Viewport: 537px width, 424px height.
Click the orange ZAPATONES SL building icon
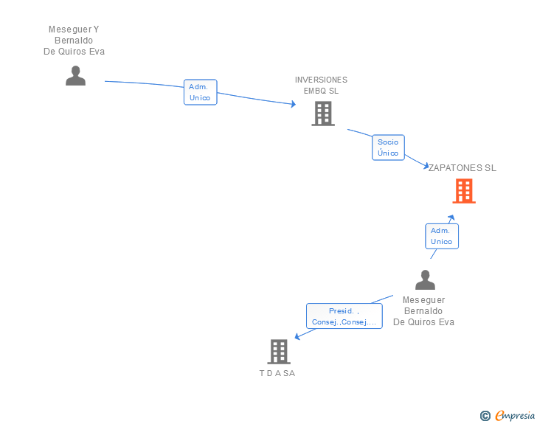tap(464, 191)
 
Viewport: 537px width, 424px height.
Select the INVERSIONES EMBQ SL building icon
tap(323, 114)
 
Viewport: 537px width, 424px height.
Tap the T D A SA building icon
tap(279, 352)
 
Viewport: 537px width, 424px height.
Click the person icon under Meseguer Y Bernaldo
tap(76, 76)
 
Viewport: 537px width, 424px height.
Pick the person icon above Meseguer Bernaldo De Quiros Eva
tap(425, 279)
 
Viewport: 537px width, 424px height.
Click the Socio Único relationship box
tap(388, 147)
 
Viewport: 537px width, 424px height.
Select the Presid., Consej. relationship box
tap(344, 316)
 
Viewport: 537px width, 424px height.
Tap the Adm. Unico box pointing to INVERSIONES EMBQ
tap(201, 92)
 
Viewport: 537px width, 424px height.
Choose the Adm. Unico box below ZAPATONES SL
tap(442, 236)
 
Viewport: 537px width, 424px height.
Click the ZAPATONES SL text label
tap(462, 168)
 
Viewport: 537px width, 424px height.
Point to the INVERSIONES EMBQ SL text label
tap(322, 86)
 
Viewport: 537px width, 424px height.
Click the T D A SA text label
tap(277, 373)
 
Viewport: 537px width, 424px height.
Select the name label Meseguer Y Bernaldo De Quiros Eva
tap(74, 41)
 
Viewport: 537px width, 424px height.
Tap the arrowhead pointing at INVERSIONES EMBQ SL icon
tap(294, 104)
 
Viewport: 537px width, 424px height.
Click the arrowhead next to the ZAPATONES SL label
tap(426, 167)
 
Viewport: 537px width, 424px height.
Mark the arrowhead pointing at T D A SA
tap(297, 337)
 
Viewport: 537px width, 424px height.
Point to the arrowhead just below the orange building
tap(451, 218)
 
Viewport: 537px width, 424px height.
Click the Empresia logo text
tap(515, 415)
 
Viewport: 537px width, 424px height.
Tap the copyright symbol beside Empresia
tap(485, 416)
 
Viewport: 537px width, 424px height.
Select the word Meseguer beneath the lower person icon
tap(423, 300)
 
